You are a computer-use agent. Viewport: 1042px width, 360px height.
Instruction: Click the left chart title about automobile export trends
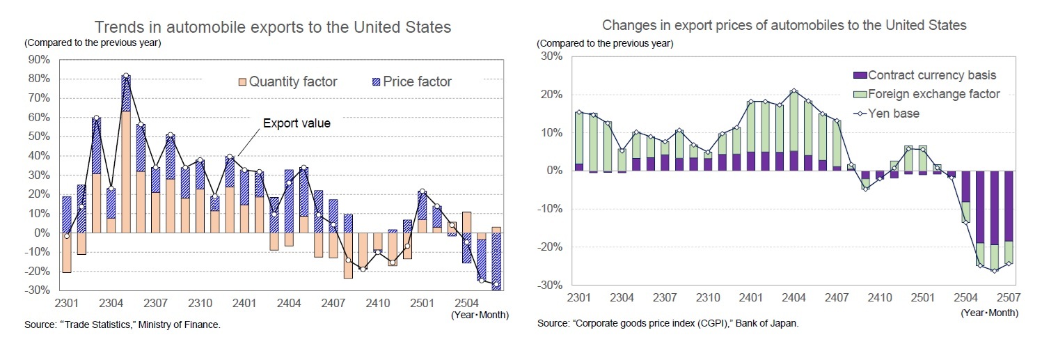(x=273, y=27)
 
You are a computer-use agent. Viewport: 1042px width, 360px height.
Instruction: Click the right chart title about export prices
(x=784, y=25)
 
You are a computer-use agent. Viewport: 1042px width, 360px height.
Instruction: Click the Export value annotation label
(x=296, y=123)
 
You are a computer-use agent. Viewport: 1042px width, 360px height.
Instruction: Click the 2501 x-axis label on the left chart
(x=422, y=304)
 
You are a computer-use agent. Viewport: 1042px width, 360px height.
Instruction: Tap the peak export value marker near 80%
(x=126, y=76)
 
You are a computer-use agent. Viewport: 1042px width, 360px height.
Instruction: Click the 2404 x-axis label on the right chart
(x=794, y=298)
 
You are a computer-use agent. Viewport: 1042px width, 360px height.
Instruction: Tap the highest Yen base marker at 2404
(x=794, y=91)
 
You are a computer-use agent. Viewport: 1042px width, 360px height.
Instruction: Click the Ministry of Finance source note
(x=123, y=324)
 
